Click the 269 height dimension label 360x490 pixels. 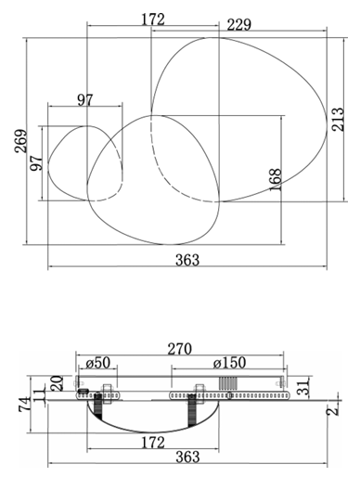click(x=21, y=141)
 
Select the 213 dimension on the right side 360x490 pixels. click(x=338, y=120)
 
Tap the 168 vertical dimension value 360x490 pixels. click(x=276, y=180)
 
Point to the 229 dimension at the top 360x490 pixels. click(x=238, y=25)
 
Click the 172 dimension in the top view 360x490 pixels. click(x=153, y=19)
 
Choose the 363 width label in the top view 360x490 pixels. click(x=187, y=260)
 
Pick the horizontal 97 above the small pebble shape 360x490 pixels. click(x=85, y=100)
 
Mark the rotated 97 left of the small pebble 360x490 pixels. click(x=36, y=162)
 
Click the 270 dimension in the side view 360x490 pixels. click(x=179, y=349)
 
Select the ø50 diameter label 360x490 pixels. click(x=98, y=363)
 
